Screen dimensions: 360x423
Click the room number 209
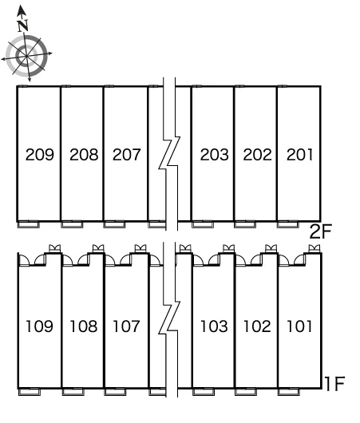pos(40,155)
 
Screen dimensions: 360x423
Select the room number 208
pos(84,155)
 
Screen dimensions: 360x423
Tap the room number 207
pos(127,155)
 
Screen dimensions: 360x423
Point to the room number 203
pos(214,155)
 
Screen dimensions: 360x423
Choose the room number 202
pos(257,155)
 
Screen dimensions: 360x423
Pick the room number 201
pos(299,155)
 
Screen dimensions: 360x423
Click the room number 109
pos(39,326)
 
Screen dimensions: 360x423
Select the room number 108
pos(83,326)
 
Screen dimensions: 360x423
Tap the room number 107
pos(126,326)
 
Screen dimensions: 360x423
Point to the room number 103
pos(214,326)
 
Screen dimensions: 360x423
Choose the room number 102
pos(257,326)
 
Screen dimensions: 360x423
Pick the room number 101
pos(299,326)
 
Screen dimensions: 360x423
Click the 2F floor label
pos(320,231)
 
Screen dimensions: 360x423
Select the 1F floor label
pos(334,384)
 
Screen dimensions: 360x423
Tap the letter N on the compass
pos(23,26)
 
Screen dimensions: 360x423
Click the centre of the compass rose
pos(26,56)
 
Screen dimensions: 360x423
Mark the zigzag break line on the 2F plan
pos(169,154)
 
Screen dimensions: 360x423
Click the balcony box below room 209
pos(28,224)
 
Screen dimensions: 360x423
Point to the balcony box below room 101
pos(288,392)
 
